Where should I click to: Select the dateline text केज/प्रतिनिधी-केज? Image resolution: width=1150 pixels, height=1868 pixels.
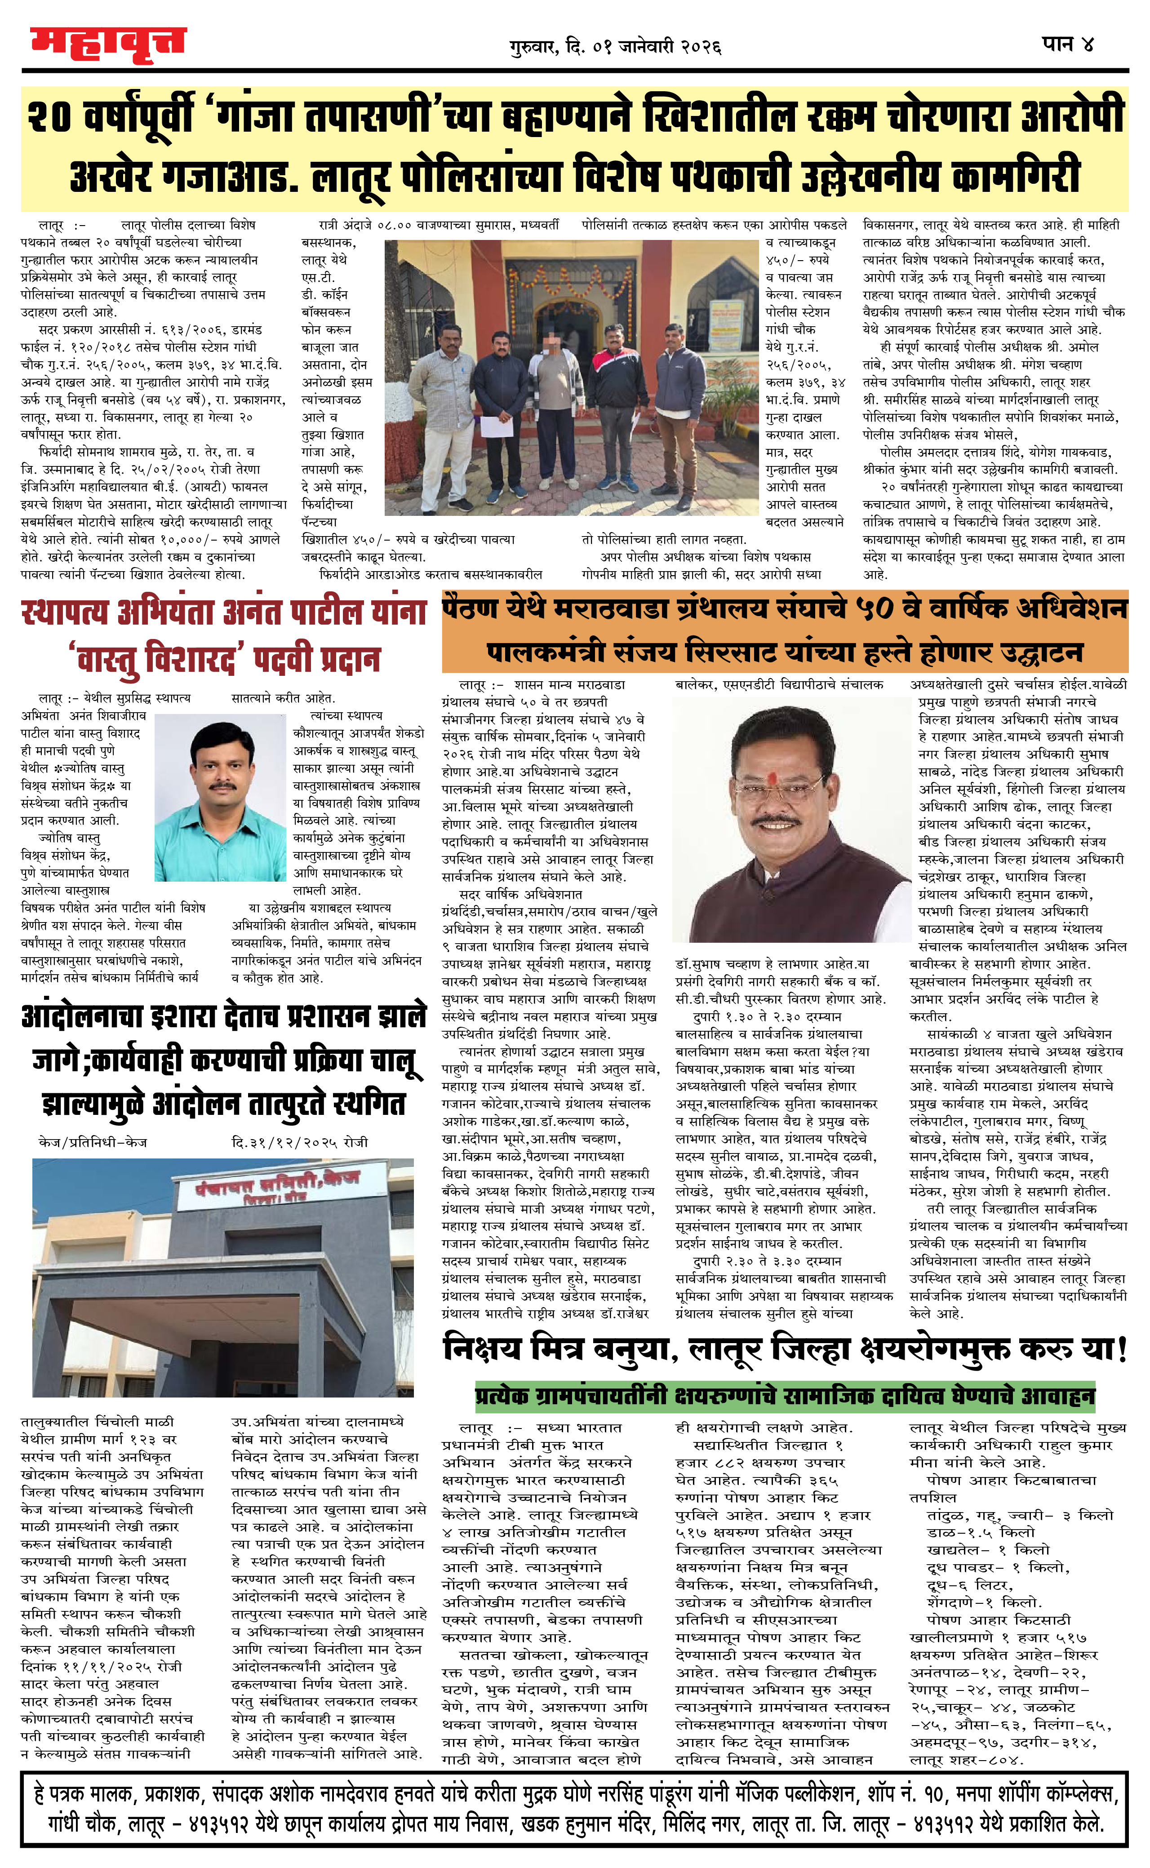[x=92, y=1142]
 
